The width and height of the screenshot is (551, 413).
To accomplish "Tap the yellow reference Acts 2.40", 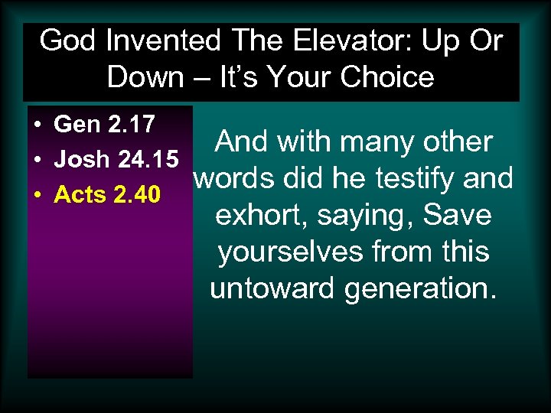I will tap(107, 195).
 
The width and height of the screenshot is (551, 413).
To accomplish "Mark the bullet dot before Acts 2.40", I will tap(37, 197).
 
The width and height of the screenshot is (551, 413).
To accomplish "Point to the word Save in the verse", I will tap(457, 214).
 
